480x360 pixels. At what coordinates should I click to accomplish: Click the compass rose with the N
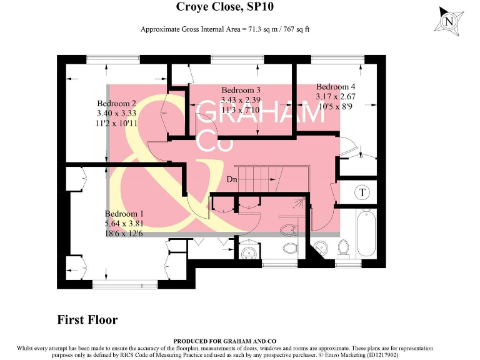point(449,21)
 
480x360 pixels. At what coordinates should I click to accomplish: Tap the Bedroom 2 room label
point(116,104)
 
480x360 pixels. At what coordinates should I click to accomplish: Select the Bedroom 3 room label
point(241,90)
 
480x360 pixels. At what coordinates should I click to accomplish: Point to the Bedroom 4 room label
point(336,87)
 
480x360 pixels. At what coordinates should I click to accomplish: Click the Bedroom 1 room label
point(124,214)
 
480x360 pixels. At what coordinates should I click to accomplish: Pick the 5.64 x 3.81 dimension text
point(124,224)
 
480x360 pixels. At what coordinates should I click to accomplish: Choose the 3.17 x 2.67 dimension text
point(336,96)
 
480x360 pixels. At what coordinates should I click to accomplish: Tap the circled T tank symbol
point(362,192)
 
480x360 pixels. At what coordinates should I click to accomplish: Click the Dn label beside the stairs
point(232,179)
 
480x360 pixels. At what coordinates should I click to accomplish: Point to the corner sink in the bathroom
point(321,247)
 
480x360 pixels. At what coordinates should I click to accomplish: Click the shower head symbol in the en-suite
point(299,202)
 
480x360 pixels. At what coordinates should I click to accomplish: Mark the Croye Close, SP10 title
point(225,6)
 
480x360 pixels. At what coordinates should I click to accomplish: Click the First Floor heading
point(87,319)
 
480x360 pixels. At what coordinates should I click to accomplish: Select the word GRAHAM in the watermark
point(260,112)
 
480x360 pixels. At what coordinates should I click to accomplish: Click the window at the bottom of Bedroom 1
point(125,285)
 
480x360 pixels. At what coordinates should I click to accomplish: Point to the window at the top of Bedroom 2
point(113,59)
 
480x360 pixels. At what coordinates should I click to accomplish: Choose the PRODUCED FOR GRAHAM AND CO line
point(225,341)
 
